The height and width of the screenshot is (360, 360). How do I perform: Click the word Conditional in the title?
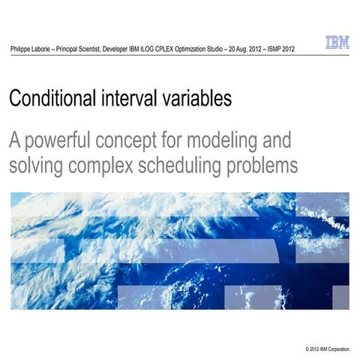53,99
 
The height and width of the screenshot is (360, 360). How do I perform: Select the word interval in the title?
132,99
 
